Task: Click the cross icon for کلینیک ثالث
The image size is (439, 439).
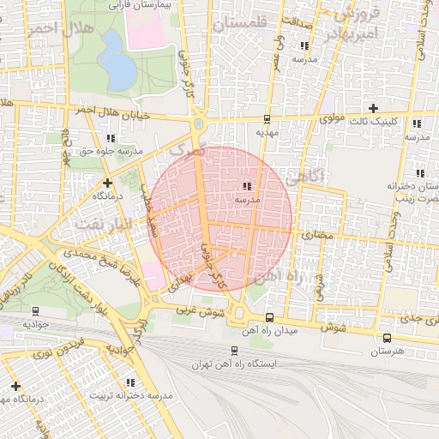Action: tap(372, 108)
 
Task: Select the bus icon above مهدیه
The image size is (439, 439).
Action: tap(268, 119)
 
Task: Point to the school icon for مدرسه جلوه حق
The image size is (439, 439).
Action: tap(110, 137)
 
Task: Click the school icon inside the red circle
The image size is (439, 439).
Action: tap(247, 185)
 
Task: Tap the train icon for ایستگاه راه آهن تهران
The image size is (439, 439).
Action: tap(235, 350)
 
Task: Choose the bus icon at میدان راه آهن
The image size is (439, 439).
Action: tap(270, 316)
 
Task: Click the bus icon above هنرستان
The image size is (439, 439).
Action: tap(387, 338)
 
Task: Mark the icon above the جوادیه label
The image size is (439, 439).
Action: tap(35, 311)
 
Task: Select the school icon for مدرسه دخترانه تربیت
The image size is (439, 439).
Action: tap(130, 382)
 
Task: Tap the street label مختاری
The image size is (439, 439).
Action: tap(317, 232)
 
